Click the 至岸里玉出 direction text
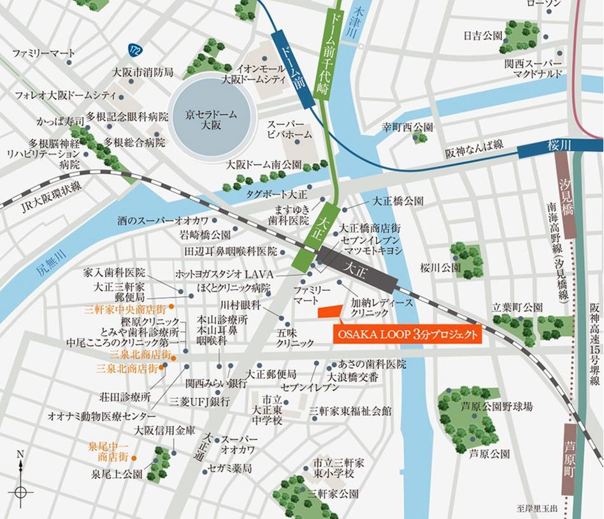(537, 508)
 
